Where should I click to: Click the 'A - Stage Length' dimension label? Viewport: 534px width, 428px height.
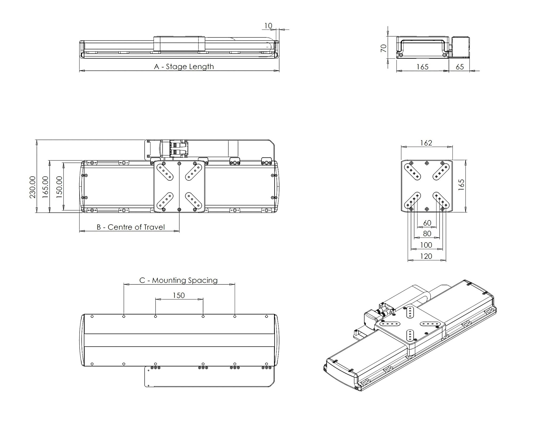pos(184,66)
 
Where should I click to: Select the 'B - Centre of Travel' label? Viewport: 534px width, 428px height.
pos(130,227)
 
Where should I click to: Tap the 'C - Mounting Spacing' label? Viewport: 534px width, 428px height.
pos(178,280)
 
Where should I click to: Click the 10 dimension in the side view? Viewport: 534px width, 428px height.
pos(268,26)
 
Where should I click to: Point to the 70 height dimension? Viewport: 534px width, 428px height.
pos(383,48)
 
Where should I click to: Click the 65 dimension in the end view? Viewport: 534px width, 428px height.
pos(460,67)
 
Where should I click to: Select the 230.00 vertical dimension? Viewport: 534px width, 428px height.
pos(32,187)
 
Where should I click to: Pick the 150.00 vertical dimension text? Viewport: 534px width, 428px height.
pos(59,187)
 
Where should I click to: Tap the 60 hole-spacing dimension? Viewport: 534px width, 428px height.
pos(427,223)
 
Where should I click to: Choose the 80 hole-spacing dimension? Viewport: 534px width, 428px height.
pos(427,233)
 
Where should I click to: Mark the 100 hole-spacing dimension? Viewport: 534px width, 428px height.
pos(426,245)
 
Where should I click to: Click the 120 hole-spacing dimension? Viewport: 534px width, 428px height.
pos(426,256)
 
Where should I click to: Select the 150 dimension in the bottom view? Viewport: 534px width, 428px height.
pos(179,295)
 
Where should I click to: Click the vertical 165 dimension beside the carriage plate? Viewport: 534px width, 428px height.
pos(461,185)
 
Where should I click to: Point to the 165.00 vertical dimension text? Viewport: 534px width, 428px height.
pos(46,187)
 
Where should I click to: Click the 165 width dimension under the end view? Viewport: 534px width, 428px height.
pos(422,67)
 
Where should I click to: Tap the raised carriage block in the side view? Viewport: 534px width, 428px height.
pos(179,44)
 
